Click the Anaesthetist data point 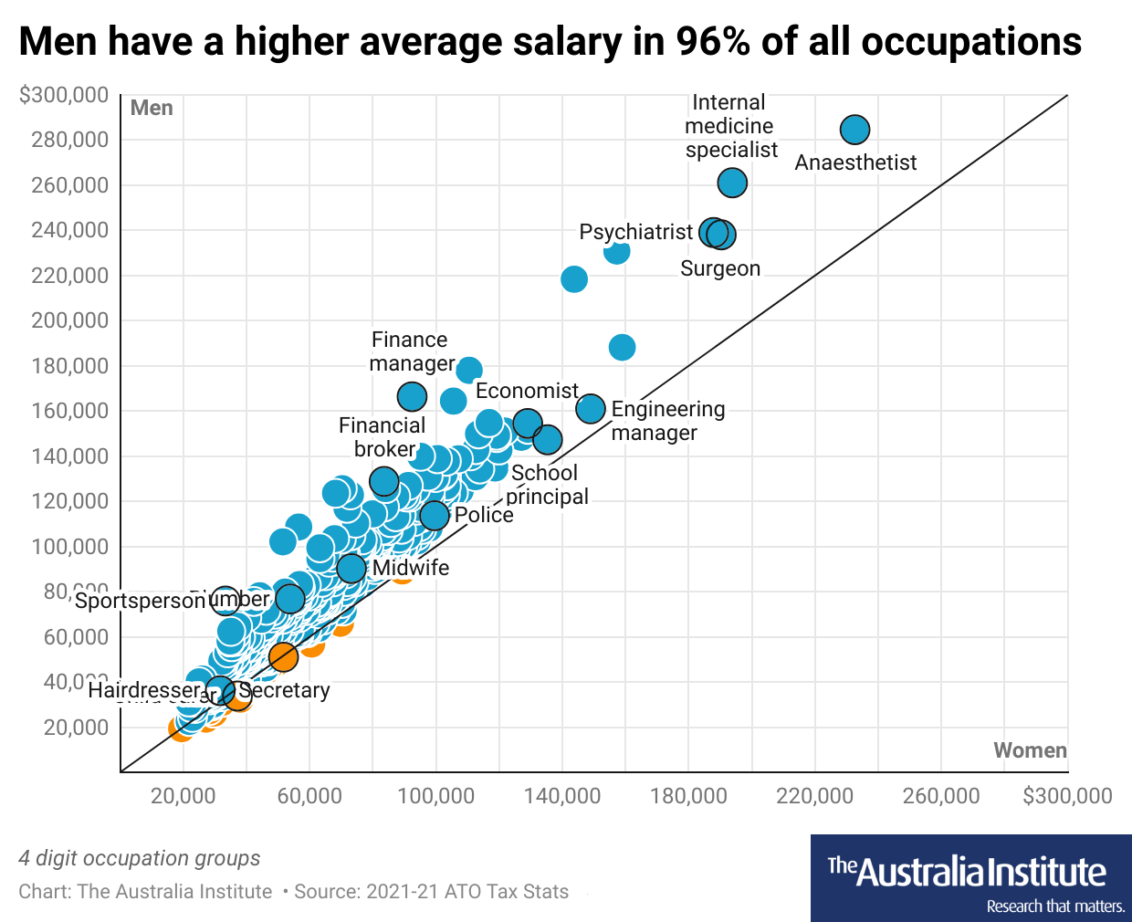tap(854, 130)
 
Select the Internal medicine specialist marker tap(732, 183)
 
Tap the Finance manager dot tap(413, 396)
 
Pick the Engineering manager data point tap(591, 408)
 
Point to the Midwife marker tap(351, 569)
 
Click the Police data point tap(435, 516)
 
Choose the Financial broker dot tap(384, 481)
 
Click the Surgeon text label tap(720, 268)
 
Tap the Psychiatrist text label tap(635, 232)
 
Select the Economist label tap(527, 391)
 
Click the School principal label tap(546, 485)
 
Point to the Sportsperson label tap(140, 601)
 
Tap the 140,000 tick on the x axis tap(562, 796)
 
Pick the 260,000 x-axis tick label tap(941, 796)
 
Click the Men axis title tap(152, 108)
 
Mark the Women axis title tap(1030, 750)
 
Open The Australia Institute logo tap(970, 878)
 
